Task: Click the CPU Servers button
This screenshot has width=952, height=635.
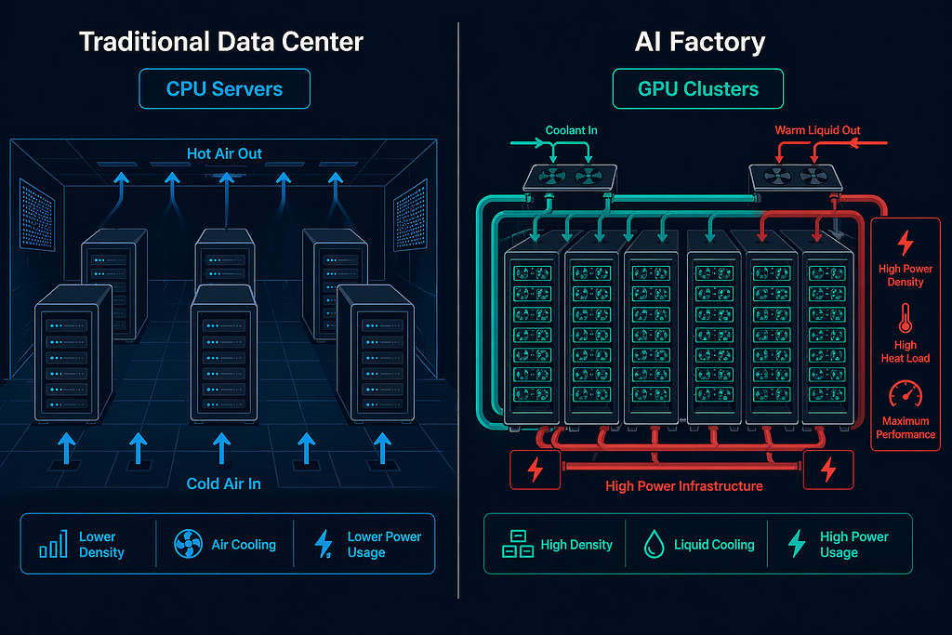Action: coord(225,88)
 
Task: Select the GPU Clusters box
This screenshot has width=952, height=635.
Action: coord(697,88)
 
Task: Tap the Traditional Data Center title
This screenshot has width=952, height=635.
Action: coord(221,42)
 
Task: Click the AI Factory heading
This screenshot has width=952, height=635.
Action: coord(699,42)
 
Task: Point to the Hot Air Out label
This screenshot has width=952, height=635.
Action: coord(224,153)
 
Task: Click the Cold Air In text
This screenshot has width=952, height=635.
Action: coord(223,483)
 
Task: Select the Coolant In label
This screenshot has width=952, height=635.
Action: coord(571,130)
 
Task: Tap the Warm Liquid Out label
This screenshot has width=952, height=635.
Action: coord(817,130)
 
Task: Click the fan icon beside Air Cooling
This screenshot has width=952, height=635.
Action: coord(188,543)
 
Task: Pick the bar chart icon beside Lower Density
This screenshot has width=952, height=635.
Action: coord(53,543)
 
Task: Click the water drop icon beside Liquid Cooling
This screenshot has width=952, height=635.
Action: coord(654,543)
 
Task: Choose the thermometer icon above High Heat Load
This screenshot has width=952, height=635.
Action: coord(906,318)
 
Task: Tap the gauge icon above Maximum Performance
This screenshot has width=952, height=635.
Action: coord(906,394)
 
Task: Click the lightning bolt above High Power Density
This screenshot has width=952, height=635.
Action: coord(906,243)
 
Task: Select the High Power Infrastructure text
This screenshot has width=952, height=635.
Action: coord(683,485)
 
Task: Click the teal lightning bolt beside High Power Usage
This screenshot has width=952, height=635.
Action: coord(797,543)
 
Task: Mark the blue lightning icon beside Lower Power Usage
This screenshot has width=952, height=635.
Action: coord(324,543)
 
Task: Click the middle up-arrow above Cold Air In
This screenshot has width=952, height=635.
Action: coord(221,449)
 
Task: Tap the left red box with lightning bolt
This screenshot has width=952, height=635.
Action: coord(535,470)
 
